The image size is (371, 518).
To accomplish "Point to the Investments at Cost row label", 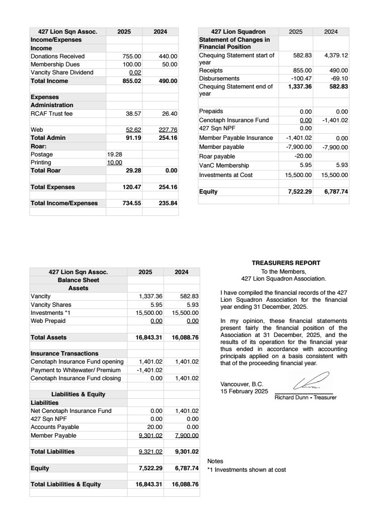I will point(226,175).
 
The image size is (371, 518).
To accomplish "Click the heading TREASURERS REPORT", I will point(286,263).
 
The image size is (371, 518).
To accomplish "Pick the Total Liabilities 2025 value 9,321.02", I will point(151,452).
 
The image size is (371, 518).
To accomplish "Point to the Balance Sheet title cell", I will point(78,280).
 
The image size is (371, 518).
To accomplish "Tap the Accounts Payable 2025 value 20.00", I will point(155,427).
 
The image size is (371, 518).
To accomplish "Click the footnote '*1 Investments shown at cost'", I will point(246,470).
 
